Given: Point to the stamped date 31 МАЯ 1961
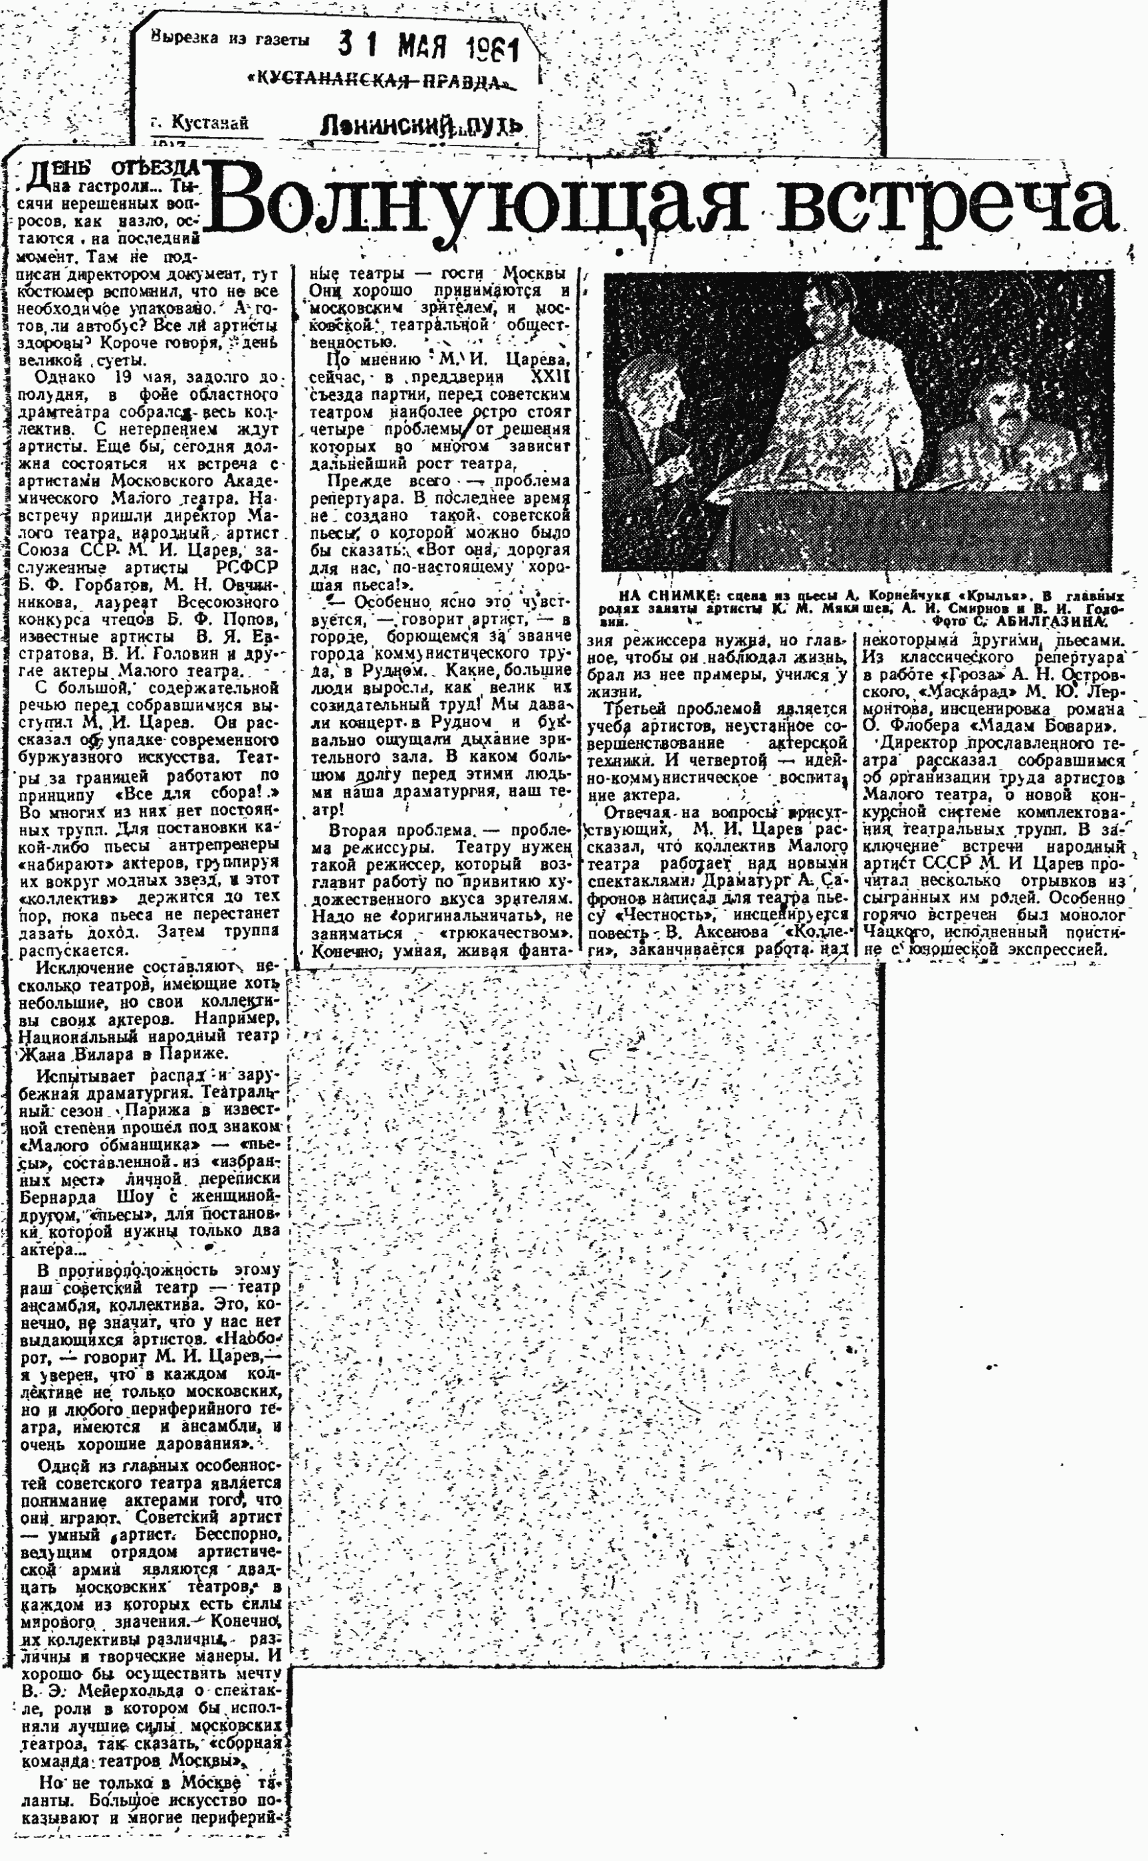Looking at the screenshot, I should [x=428, y=52].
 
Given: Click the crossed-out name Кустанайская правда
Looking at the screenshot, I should [x=378, y=82].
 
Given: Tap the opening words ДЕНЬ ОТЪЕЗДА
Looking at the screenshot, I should [x=114, y=169].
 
